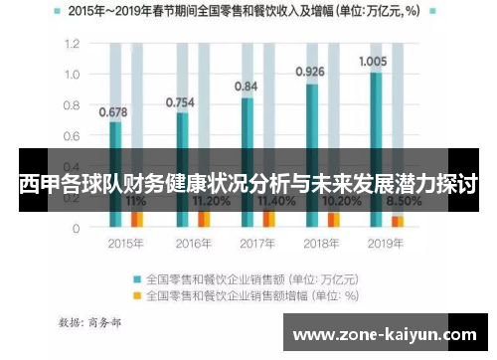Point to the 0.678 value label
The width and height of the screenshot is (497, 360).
[112, 111]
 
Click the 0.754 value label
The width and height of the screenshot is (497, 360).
[179, 101]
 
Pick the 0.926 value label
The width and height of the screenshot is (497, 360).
[310, 72]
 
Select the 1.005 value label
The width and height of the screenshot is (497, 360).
[374, 61]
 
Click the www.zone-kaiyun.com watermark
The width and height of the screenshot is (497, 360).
[388, 335]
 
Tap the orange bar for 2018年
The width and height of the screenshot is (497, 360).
[334, 219]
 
